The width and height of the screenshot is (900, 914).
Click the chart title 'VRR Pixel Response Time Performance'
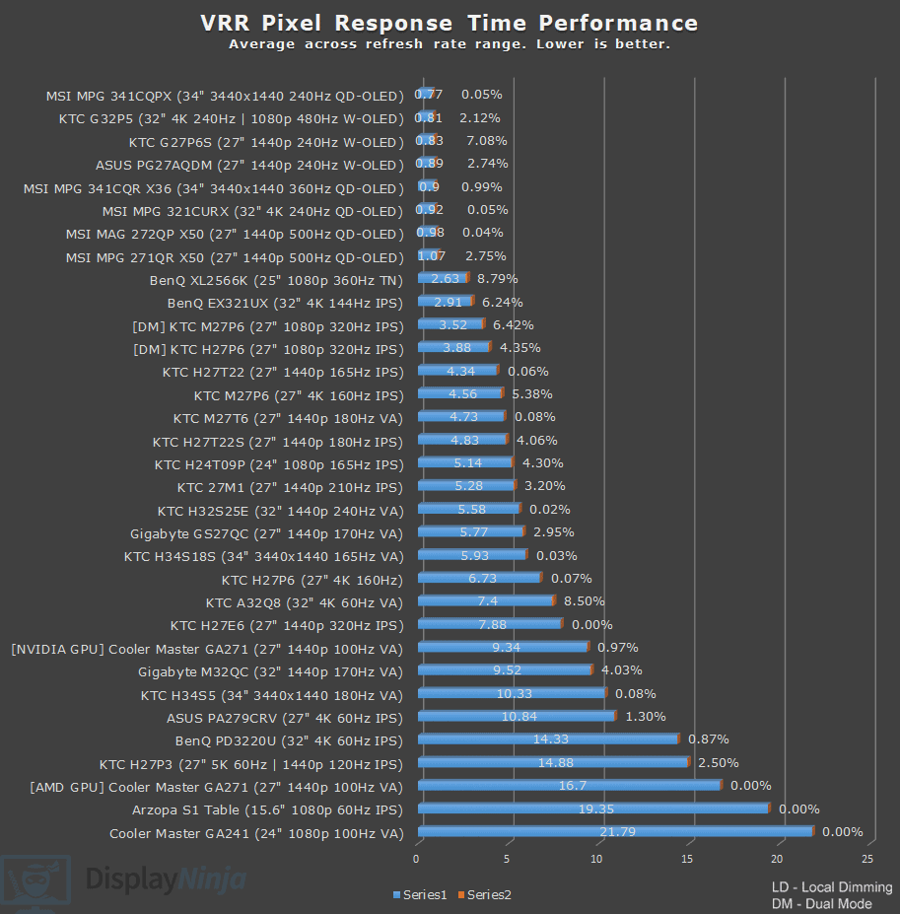pyautogui.click(x=449, y=23)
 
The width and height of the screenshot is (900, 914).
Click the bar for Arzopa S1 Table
pyautogui.click(x=591, y=809)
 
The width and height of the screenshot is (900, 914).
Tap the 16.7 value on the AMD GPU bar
pyautogui.click(x=573, y=786)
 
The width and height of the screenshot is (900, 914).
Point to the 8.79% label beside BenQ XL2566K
pyautogui.click(x=497, y=279)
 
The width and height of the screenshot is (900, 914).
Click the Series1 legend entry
pyautogui.click(x=425, y=894)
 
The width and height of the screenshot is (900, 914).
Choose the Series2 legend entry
pyautogui.click(x=489, y=894)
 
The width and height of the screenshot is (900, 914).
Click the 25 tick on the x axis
pyautogui.click(x=868, y=859)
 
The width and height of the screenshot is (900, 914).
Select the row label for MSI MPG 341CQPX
pyautogui.click(x=225, y=96)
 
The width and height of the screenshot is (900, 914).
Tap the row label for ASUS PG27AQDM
pyautogui.click(x=249, y=165)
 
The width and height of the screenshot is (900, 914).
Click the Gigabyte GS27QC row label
pyautogui.click(x=266, y=533)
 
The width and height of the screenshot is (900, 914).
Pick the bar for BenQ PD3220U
pyautogui.click(x=548, y=739)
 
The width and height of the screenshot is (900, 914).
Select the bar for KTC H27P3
pyautogui.click(x=553, y=762)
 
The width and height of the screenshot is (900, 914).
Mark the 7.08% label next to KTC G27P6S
pyautogui.click(x=486, y=141)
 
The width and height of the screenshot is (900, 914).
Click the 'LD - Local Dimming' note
pyautogui.click(x=832, y=887)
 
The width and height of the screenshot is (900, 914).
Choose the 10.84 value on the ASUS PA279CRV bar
pyautogui.click(x=519, y=717)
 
